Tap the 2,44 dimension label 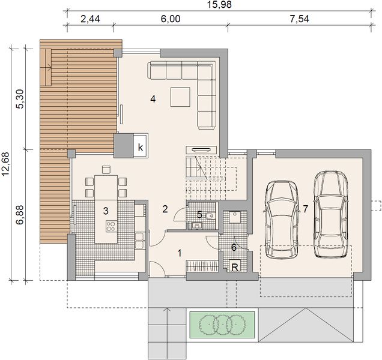tap(90, 19)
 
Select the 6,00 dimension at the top tap(170, 19)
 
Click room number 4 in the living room tap(154, 100)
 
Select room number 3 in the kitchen tap(105, 211)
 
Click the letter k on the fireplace tap(140, 146)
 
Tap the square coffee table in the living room tap(181, 97)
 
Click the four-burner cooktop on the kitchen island tap(111, 227)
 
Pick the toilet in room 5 tap(208, 215)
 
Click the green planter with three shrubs tap(223, 325)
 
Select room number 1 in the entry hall tap(180, 253)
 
